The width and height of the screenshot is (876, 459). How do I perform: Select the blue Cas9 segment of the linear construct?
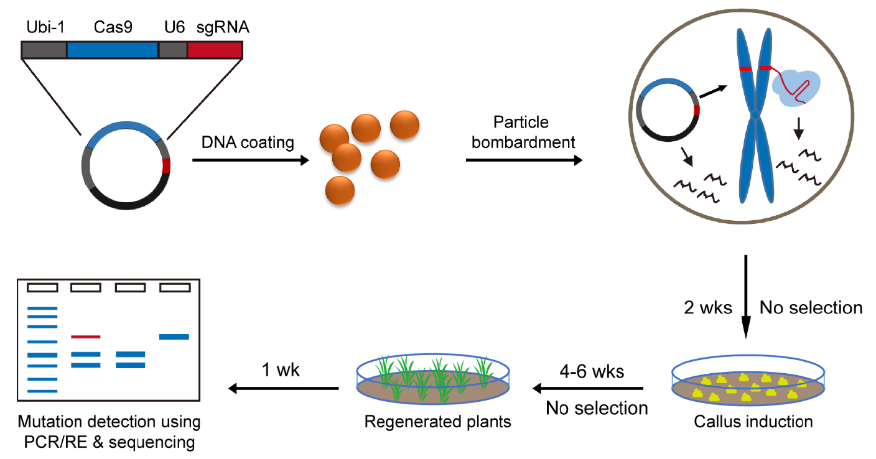pos(112,50)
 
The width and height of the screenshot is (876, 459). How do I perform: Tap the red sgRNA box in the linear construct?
pos(215,50)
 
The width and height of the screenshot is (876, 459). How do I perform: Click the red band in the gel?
pos(86,336)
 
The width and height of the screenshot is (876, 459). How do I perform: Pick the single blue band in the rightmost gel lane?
pos(174,336)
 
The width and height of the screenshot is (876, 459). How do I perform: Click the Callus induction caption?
pos(753,422)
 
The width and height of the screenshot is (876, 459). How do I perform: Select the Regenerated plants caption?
pos(437,422)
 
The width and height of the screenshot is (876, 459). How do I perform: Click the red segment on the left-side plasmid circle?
pos(166,167)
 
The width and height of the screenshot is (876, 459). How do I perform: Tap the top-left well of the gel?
pos(42,287)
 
